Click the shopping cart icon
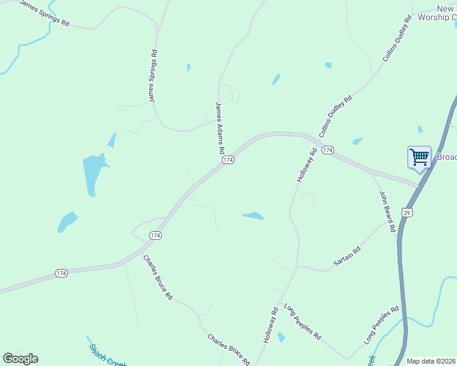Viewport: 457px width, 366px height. tap(419, 157)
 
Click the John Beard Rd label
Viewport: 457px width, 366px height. tap(387, 215)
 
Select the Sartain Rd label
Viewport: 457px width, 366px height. tap(347, 256)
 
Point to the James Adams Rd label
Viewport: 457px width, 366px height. tap(220, 128)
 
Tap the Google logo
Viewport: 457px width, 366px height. tap(20, 359)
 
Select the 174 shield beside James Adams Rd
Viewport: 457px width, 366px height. tap(227, 160)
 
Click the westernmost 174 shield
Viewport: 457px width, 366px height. tap(61, 273)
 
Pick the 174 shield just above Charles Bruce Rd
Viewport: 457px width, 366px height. tap(155, 235)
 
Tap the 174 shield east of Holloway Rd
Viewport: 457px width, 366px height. tap(327, 150)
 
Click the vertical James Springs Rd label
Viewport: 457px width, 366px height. tap(153, 76)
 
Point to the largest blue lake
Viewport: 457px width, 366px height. tap(93, 173)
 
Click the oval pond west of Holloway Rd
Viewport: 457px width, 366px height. tap(253, 215)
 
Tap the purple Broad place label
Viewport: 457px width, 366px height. tap(447, 157)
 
